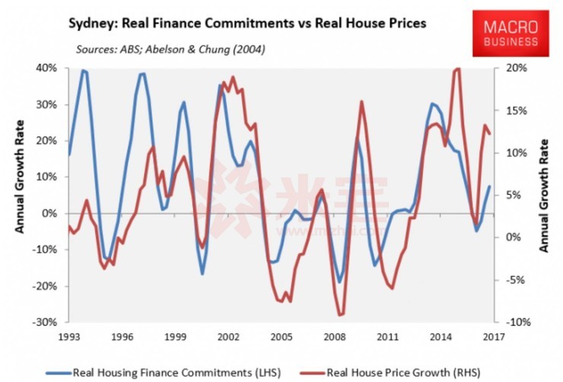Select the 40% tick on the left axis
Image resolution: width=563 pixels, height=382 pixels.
pyautogui.click(x=46, y=68)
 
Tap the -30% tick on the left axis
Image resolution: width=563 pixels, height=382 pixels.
pyautogui.click(x=43, y=323)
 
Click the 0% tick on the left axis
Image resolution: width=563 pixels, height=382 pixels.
pyautogui.click(x=49, y=214)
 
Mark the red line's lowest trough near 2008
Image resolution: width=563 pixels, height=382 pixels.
pyautogui.click(x=340, y=315)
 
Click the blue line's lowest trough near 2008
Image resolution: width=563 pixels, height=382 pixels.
pyautogui.click(x=339, y=282)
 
